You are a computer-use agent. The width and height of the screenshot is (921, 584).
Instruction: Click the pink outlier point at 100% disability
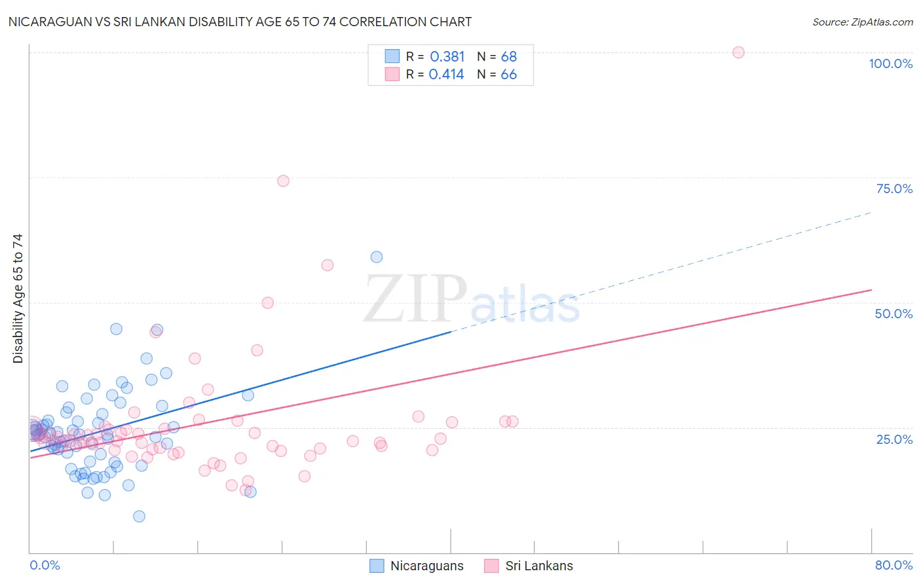pos(738,52)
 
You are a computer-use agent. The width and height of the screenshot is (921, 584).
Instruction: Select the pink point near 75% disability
pos(283,181)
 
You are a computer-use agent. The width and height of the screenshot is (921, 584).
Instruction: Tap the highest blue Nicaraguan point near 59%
pos(377,257)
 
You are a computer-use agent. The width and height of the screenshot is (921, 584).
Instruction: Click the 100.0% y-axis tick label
pos(890,64)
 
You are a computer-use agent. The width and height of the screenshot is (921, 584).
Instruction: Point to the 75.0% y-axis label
pos(894,189)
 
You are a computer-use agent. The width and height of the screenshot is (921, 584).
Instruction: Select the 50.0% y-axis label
pos(893,314)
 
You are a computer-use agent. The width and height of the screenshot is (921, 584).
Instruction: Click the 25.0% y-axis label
pos(894,439)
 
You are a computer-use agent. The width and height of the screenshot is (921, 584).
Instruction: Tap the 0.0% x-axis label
pos(45,565)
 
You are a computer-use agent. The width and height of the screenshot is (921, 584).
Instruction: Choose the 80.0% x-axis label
pos(893,565)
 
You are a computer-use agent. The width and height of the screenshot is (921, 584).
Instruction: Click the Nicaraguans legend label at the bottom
pos(426,566)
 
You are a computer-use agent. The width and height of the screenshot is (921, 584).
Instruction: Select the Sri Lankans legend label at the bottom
pos(539,566)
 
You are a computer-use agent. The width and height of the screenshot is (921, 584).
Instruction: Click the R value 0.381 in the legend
pos(447,57)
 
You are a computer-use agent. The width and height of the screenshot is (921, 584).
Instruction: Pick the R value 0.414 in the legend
pos(447,75)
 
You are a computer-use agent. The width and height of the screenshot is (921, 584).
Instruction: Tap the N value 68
pos(509,57)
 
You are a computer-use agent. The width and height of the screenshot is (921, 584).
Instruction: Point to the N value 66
pos(509,75)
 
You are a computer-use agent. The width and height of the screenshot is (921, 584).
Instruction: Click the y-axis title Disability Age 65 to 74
pos(18,298)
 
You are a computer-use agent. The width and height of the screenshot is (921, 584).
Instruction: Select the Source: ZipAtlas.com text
pos(862,22)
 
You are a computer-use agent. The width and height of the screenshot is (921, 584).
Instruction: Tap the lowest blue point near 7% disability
pos(139,516)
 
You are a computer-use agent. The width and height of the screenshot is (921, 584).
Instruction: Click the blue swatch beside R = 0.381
pos(392,56)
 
